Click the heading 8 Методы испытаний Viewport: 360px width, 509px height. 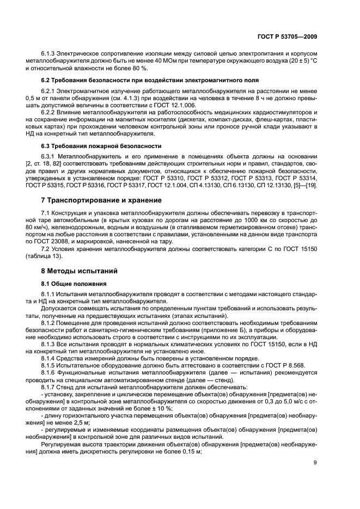[x=76, y=271]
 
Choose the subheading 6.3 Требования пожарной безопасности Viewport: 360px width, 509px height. [x=101, y=146]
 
